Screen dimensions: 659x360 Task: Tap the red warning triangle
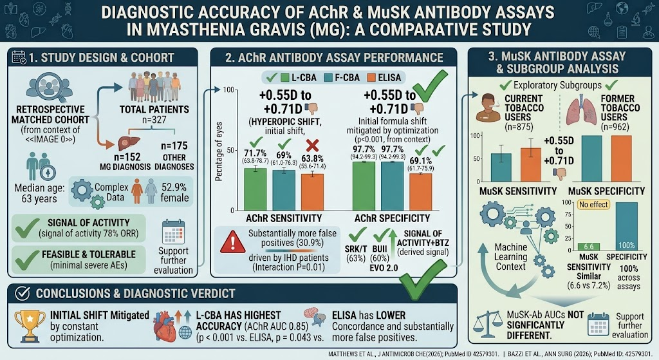pyautogui.click(x=232, y=243)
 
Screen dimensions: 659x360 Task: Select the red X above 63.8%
pyautogui.click(x=312, y=146)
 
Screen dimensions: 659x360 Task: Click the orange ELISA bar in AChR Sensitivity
pyautogui.click(x=312, y=192)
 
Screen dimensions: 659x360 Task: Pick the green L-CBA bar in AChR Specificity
pyautogui.click(x=364, y=186)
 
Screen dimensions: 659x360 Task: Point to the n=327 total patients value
pyautogui.click(x=154, y=120)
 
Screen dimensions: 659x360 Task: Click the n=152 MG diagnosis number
pyautogui.click(x=126, y=157)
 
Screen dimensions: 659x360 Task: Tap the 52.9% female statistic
pyautogui.click(x=174, y=192)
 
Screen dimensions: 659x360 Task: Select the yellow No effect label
pyautogui.click(x=593, y=204)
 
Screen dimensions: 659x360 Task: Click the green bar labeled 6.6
pyautogui.click(x=589, y=247)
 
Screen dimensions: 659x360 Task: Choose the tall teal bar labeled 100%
pyautogui.click(x=626, y=226)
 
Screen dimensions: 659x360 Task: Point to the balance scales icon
pyautogui.click(x=488, y=325)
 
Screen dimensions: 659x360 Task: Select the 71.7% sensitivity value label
pyautogui.click(x=255, y=153)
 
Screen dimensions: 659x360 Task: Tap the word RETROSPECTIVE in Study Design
pyautogui.click(x=50, y=109)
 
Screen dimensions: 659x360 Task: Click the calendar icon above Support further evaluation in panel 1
pyautogui.click(x=173, y=231)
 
